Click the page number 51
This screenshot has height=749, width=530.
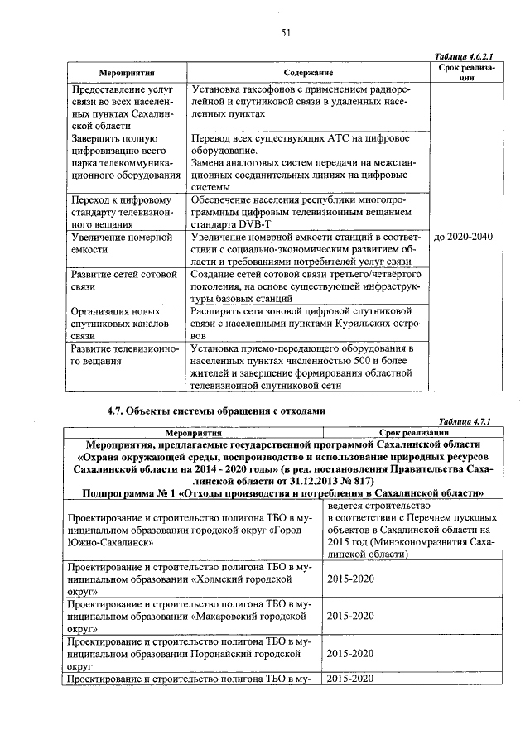click(285, 32)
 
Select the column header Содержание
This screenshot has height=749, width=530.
click(307, 73)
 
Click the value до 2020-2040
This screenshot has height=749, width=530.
click(463, 237)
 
